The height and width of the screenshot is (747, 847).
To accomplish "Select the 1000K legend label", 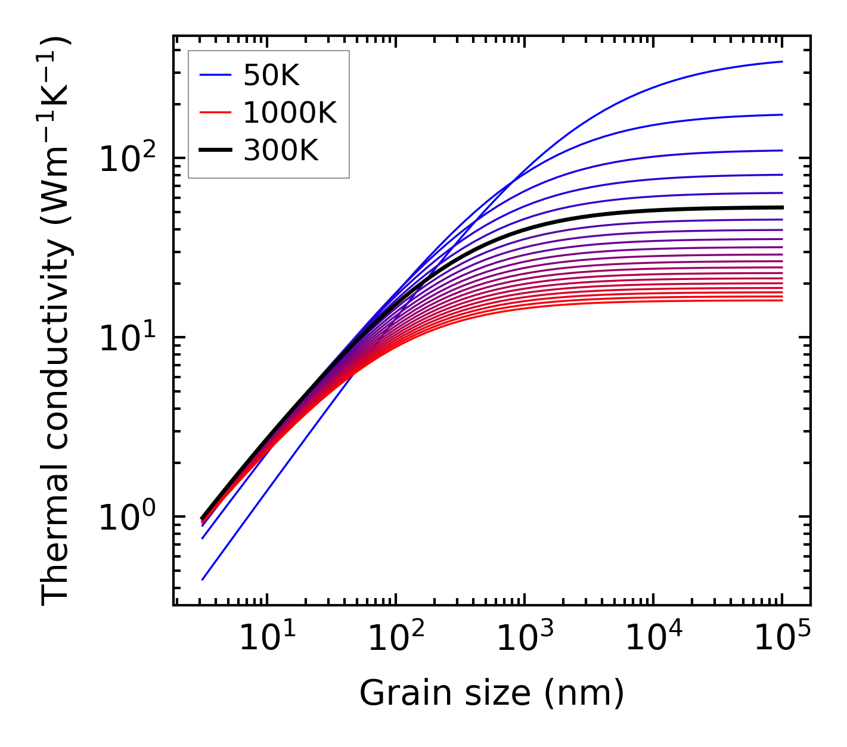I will pos(290,113).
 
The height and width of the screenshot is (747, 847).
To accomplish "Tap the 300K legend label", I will pos(281,151).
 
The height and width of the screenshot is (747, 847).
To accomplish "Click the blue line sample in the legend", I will pos(215,75).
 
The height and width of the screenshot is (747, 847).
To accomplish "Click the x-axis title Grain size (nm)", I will pos(492,693).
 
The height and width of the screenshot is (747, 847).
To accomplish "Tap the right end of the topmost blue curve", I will pos(782,61).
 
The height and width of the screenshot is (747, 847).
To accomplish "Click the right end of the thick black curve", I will pos(782,207).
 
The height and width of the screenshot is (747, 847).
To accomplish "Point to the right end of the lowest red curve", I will pos(782,300).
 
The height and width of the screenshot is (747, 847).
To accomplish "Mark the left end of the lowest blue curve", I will pos(203,580).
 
